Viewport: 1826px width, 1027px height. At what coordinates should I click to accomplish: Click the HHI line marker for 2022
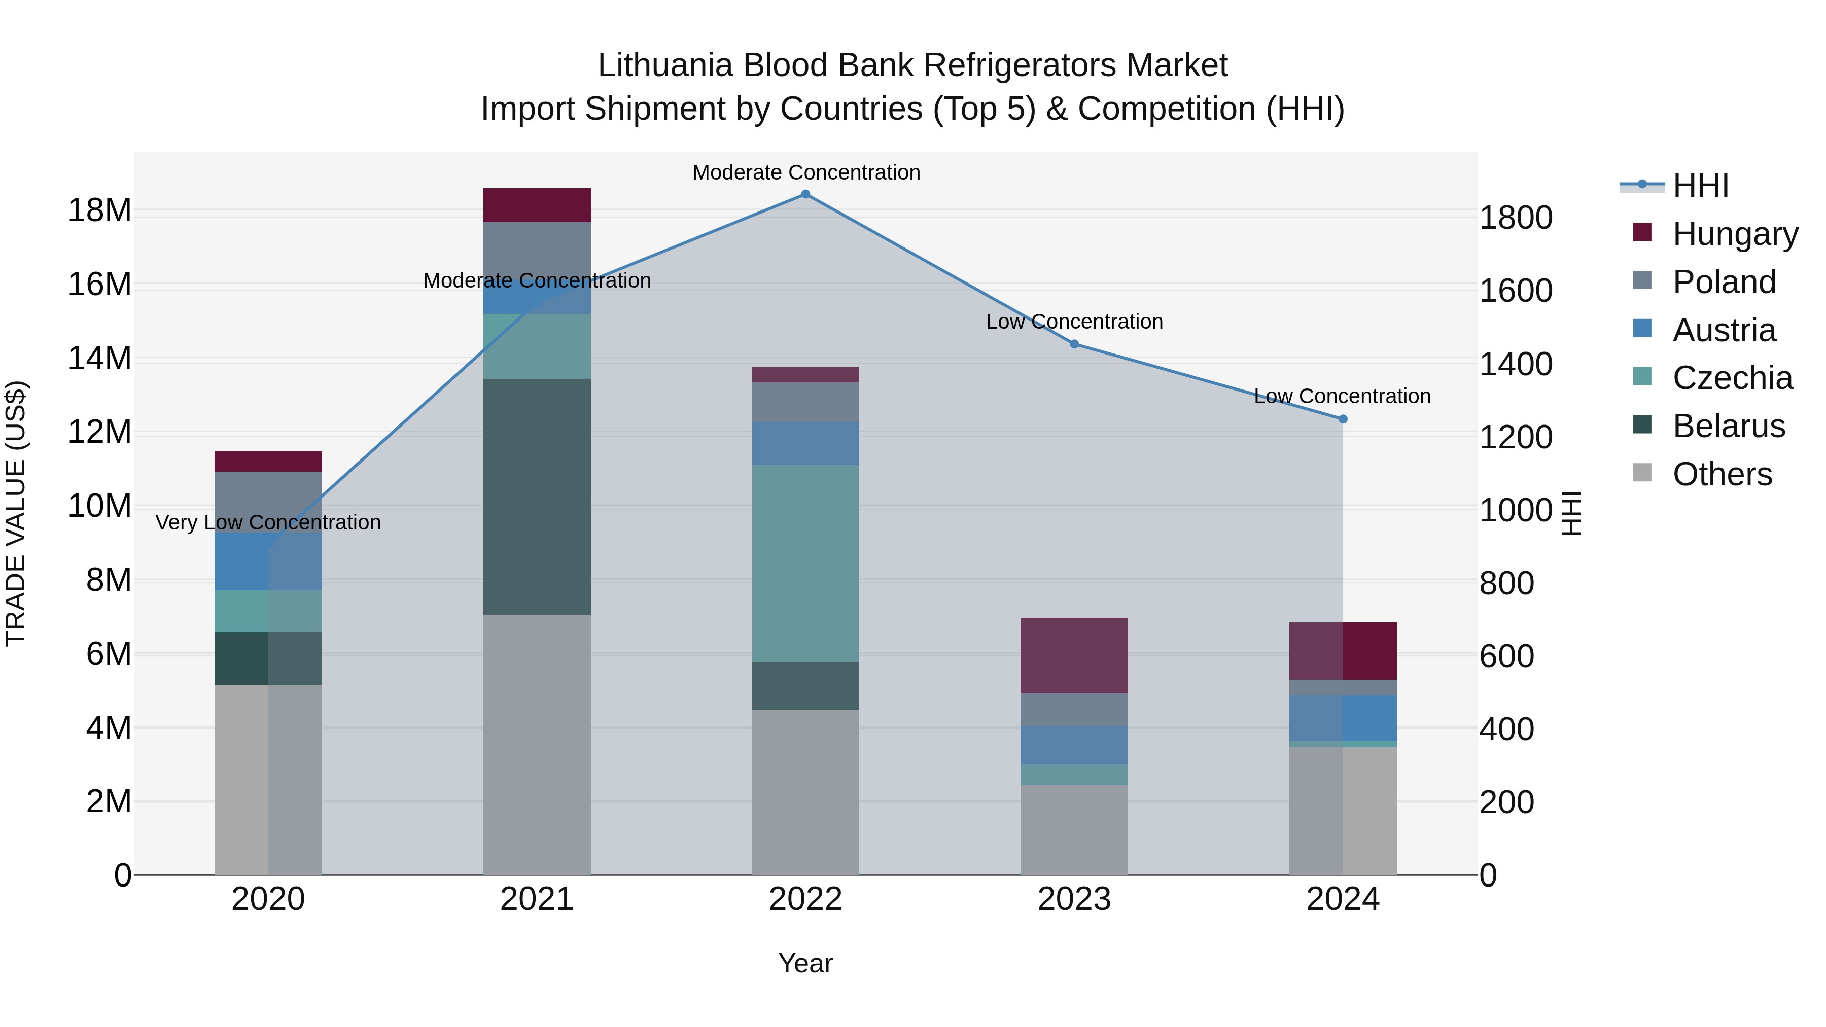click(805, 194)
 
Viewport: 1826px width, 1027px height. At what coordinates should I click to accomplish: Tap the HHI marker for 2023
click(1074, 344)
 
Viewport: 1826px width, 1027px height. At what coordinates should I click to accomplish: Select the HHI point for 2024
click(1343, 419)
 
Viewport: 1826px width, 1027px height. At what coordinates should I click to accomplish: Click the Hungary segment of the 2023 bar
click(1074, 656)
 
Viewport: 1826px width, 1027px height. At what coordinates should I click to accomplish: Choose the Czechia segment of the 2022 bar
click(805, 563)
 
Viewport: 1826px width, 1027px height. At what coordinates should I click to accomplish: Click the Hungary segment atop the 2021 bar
click(537, 205)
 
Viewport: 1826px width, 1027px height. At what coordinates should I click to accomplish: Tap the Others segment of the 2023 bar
click(1074, 829)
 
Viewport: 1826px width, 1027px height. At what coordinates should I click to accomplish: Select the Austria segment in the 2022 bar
click(805, 444)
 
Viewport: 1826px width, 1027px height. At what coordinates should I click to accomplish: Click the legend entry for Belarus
click(1728, 426)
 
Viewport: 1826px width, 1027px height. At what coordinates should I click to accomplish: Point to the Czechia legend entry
click(1732, 378)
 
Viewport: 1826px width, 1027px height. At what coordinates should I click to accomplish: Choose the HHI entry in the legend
click(1700, 186)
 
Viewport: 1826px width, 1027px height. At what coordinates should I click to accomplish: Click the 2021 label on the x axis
click(537, 899)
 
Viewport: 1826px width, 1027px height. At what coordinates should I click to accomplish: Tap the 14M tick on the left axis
click(99, 359)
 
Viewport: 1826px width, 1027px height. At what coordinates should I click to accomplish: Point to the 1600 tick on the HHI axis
click(1516, 291)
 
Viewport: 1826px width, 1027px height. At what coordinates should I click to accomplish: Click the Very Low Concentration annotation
click(268, 522)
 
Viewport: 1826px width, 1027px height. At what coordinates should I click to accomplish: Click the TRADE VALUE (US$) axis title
click(16, 513)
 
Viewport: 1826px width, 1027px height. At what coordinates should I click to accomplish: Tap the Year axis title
click(805, 963)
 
